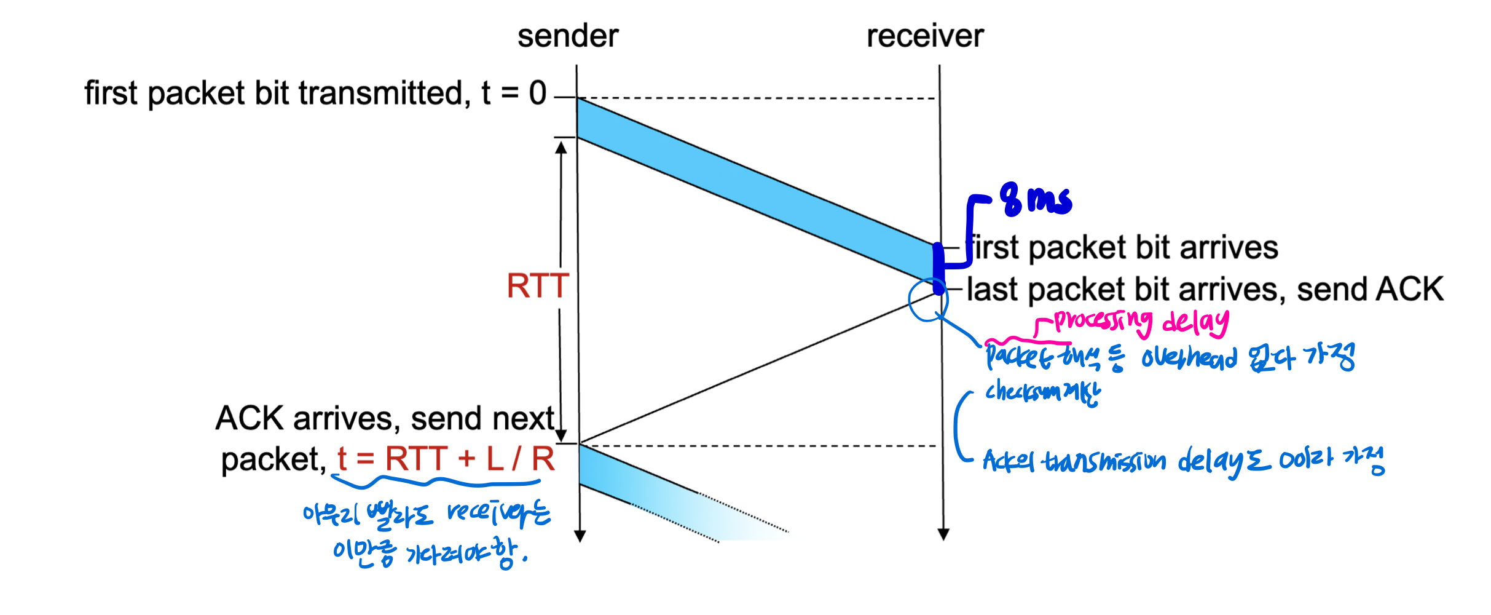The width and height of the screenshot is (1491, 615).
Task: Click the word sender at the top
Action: coord(567,36)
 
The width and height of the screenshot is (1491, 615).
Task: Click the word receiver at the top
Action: coord(924,36)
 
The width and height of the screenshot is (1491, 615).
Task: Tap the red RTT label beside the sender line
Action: coord(537,286)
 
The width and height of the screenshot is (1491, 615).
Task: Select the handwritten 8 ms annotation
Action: coord(1036,200)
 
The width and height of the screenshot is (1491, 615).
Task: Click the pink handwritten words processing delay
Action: coord(1140,321)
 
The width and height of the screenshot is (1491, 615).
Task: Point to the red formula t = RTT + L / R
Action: coord(446,459)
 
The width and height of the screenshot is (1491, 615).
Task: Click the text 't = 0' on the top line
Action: coord(514,93)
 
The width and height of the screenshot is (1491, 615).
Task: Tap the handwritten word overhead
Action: coord(1189,358)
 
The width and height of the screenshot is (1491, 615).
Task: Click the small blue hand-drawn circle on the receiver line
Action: coord(928,300)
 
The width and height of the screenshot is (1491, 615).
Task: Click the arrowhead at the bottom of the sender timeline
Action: coord(580,536)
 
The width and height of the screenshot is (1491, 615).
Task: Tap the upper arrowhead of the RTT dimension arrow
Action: coord(561,147)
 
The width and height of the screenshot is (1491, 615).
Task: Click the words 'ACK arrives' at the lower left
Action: coord(304,419)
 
